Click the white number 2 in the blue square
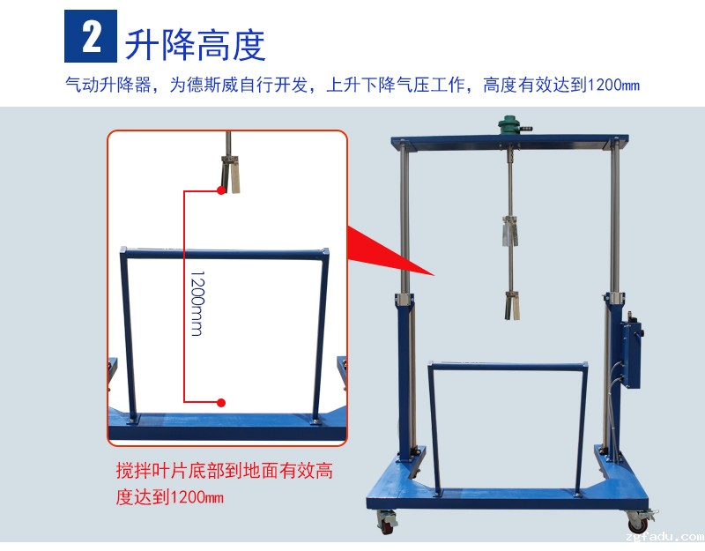(92, 37)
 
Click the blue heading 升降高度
(196, 45)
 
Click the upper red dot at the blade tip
(221, 190)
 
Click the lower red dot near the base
(221, 403)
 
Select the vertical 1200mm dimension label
(197, 303)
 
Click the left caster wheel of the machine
(387, 522)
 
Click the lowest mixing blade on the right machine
(512, 305)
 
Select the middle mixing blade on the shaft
(510, 231)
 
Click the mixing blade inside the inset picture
(230, 174)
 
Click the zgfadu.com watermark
(664, 537)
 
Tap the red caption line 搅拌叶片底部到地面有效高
(225, 471)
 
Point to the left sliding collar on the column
(404, 299)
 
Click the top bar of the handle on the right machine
(508, 366)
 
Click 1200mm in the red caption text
(197, 497)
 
